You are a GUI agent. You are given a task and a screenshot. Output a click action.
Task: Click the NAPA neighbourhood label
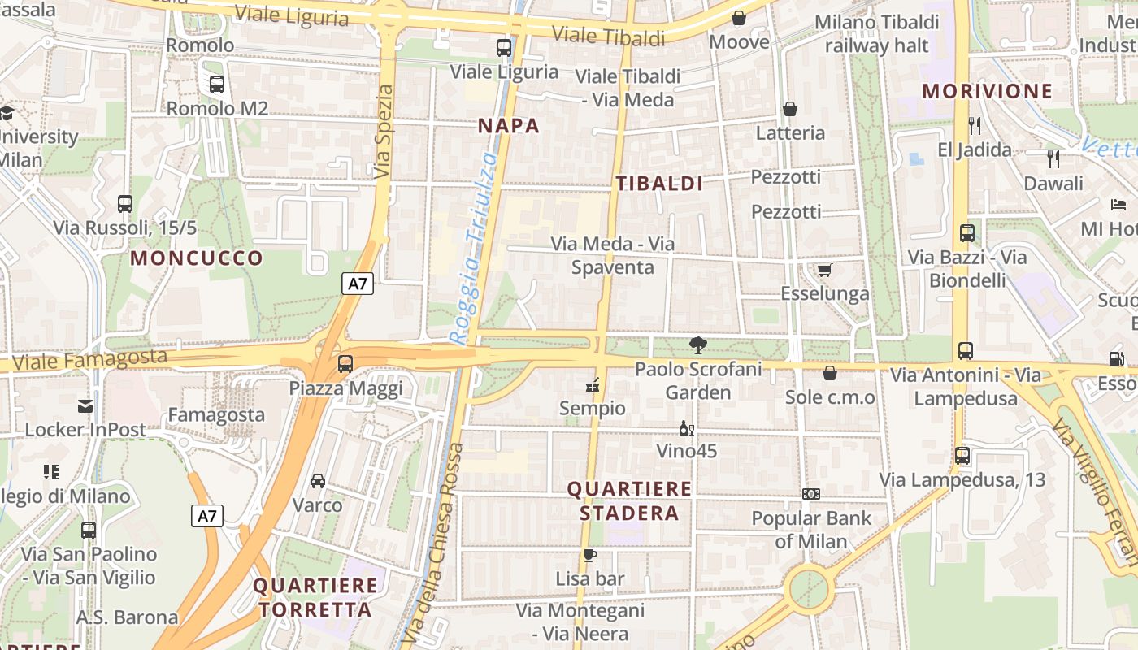click(x=508, y=126)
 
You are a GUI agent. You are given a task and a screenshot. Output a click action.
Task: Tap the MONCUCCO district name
click(x=197, y=258)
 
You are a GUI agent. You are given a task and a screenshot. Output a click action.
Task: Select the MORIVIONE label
click(x=988, y=91)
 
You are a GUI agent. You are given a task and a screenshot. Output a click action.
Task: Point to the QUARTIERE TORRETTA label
click(x=316, y=597)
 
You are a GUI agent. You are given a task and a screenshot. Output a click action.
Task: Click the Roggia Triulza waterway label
click(x=475, y=248)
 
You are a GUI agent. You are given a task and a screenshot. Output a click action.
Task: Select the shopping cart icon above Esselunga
click(x=824, y=270)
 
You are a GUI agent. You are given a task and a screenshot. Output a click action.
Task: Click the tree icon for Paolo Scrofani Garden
click(x=697, y=345)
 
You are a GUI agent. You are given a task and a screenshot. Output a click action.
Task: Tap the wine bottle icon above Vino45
click(x=686, y=428)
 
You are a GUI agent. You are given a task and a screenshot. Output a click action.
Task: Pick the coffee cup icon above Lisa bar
click(x=590, y=556)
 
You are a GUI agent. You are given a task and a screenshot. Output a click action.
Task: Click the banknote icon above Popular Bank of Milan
click(x=810, y=494)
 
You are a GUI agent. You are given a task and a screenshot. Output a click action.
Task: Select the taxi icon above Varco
click(x=318, y=481)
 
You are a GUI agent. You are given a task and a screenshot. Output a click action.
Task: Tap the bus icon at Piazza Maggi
click(x=345, y=364)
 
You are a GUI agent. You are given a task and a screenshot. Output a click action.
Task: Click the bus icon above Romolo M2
click(x=217, y=84)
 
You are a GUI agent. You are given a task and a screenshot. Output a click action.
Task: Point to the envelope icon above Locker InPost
click(x=85, y=405)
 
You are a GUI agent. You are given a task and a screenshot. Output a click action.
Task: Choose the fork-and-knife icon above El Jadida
click(x=975, y=126)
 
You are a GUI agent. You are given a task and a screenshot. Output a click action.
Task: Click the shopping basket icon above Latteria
click(x=789, y=109)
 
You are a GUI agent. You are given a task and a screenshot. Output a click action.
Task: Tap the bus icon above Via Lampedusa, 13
click(x=962, y=456)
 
